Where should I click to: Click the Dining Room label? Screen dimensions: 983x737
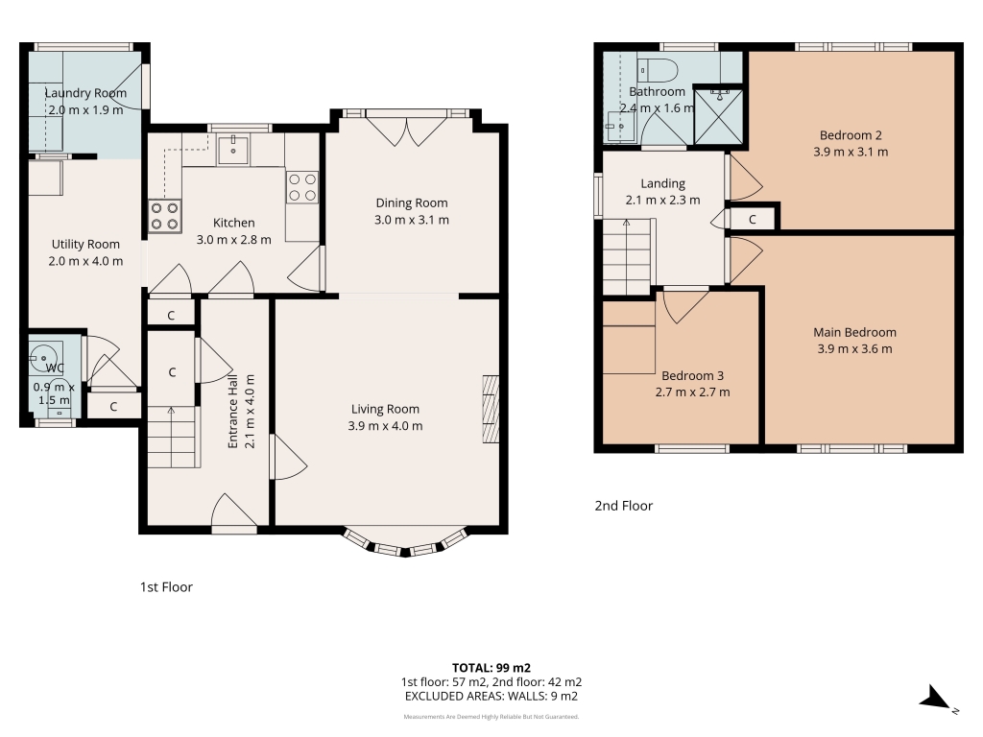click(x=411, y=202)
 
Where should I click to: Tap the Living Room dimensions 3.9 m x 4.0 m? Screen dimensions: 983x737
click(x=385, y=426)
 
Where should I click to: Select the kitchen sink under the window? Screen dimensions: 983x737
click(x=233, y=149)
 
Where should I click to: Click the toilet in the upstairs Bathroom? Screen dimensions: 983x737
click(x=658, y=70)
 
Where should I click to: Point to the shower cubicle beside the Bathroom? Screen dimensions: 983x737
click(x=718, y=116)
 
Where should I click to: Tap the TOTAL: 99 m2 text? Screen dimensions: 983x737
click(x=491, y=668)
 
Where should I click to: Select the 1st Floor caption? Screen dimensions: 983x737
click(x=166, y=587)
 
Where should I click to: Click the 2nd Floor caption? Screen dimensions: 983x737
click(x=624, y=506)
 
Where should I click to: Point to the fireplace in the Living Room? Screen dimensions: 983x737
click(x=491, y=409)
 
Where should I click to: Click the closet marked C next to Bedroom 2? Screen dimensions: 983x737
click(x=753, y=220)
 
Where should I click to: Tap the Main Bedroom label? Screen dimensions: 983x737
click(x=854, y=332)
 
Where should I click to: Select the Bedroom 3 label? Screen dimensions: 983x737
click(x=693, y=375)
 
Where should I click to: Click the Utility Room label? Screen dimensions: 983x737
click(x=85, y=245)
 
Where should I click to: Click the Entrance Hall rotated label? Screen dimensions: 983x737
click(x=232, y=412)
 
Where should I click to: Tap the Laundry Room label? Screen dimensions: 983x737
click(x=85, y=93)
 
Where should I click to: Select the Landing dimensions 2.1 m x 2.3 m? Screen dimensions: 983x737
click(x=662, y=201)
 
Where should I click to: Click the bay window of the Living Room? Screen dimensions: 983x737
click(x=406, y=543)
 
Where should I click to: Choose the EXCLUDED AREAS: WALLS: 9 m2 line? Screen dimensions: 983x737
click(x=491, y=697)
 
